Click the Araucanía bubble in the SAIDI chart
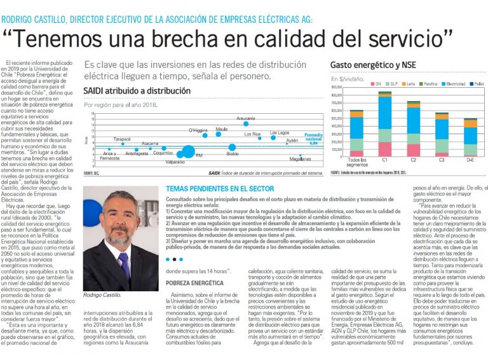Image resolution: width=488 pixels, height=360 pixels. pyautogui.click(x=245, y=123)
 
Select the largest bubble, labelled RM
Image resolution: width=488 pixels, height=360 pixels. pyautogui.click(x=188, y=151)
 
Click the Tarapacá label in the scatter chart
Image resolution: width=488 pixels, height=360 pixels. pyautogui.click(x=122, y=139)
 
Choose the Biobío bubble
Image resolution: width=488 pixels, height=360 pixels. pyautogui.click(x=233, y=148)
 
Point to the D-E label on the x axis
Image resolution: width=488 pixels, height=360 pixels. pyautogui.click(x=470, y=160)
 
